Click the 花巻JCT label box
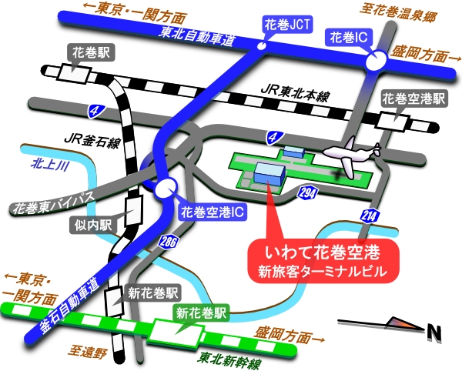pos(288,25)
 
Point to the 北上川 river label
pos(51,164)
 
